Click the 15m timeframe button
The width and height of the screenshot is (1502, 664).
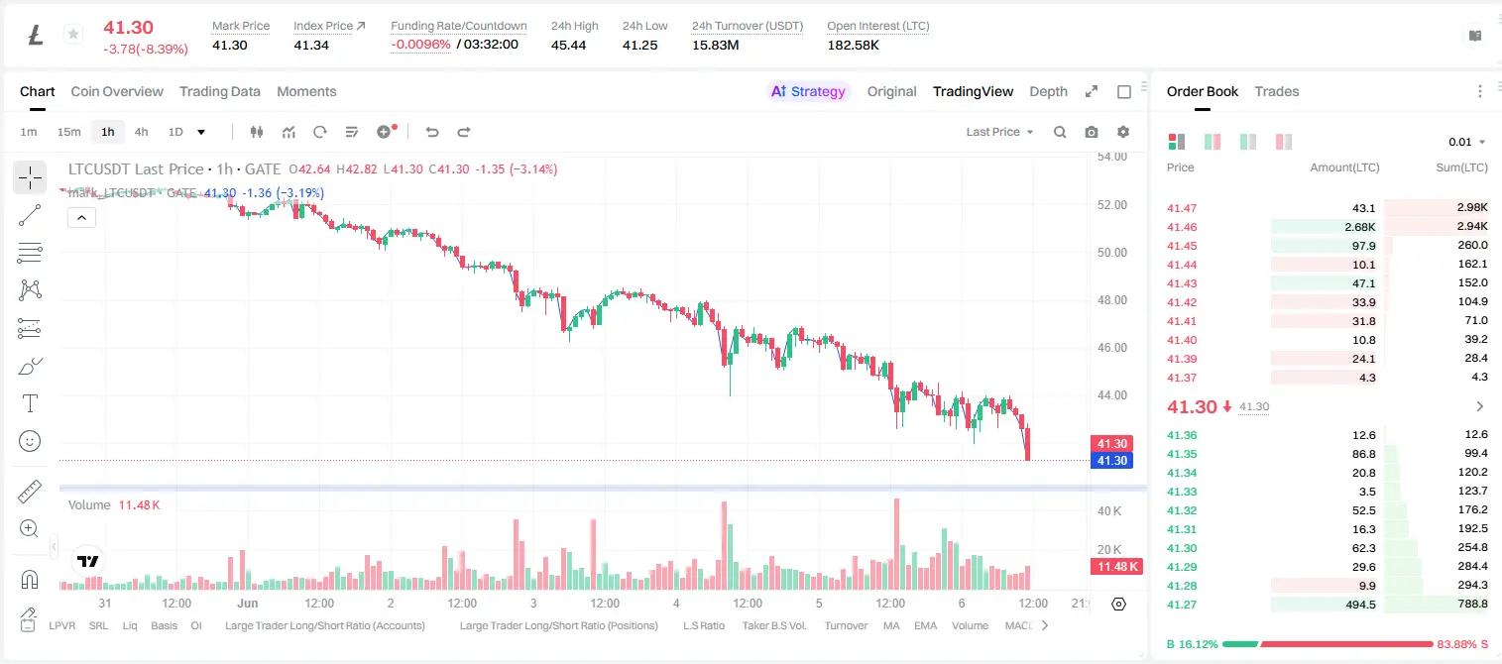click(x=69, y=132)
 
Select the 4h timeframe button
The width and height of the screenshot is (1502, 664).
click(x=141, y=132)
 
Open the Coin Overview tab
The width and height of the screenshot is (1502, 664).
click(x=117, y=91)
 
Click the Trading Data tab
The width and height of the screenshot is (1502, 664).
click(x=219, y=91)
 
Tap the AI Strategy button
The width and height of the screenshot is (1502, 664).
click(x=808, y=91)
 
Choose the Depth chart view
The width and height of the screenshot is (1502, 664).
click(x=1048, y=91)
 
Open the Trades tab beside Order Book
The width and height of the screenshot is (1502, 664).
click(x=1277, y=91)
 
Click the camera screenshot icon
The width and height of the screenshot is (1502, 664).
click(x=1092, y=132)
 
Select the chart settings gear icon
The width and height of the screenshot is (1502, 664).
click(x=1123, y=132)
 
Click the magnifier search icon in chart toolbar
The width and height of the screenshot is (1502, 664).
click(x=1060, y=132)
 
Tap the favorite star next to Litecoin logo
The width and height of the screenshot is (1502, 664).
click(x=73, y=34)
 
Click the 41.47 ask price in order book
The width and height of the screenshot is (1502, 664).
click(x=1182, y=208)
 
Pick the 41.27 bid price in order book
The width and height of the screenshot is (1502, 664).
click(x=1182, y=605)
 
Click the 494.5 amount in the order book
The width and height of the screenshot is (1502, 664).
click(x=1360, y=605)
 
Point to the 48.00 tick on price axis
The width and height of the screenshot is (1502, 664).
click(x=1111, y=300)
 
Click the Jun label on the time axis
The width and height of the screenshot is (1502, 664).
click(x=248, y=603)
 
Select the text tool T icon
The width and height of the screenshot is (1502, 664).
click(x=30, y=403)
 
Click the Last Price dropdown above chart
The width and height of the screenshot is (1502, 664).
click(x=999, y=132)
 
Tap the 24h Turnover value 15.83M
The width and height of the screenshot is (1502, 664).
click(x=716, y=45)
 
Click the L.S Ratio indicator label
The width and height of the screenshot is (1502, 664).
click(x=703, y=625)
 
